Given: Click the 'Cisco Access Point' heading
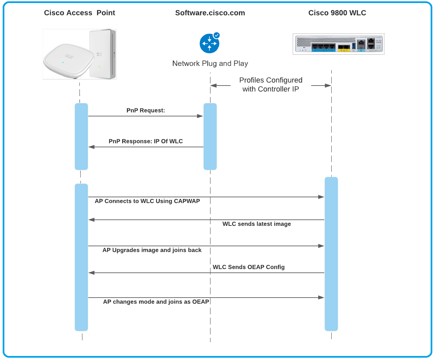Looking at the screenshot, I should click(x=79, y=13).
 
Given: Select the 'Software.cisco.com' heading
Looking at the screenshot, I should click(x=210, y=13).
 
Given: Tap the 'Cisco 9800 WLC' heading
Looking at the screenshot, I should click(x=337, y=13).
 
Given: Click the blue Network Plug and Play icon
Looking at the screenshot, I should click(x=209, y=44).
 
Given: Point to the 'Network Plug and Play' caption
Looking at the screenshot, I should click(x=210, y=63).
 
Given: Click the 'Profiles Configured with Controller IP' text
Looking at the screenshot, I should click(x=271, y=85).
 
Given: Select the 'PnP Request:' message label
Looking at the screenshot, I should click(x=146, y=110).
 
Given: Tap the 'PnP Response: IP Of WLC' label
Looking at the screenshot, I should click(x=146, y=141).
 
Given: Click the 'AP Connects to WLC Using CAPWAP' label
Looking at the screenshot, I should click(x=147, y=201).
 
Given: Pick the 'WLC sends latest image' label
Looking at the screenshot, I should click(x=256, y=224).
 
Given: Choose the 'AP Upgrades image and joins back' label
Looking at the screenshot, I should click(x=152, y=250).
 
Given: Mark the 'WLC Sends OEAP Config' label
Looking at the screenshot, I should click(x=248, y=267).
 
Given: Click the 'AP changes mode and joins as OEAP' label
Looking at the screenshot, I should click(x=156, y=302).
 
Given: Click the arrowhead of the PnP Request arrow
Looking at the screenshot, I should click(x=200, y=116).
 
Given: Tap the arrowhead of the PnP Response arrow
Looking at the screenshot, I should click(x=91, y=147).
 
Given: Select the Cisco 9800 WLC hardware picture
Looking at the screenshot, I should click(x=338, y=44).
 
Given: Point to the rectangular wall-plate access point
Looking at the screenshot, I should click(x=102, y=54).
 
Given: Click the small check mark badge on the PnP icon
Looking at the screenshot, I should click(x=216, y=35).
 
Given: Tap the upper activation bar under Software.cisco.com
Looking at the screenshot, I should click(x=210, y=136).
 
